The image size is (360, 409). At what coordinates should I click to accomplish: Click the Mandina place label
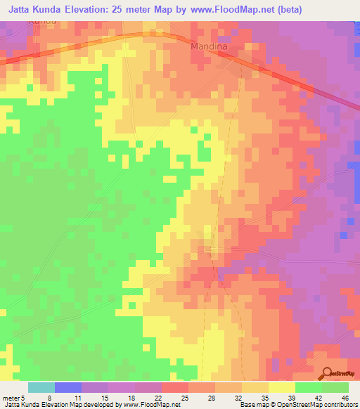[209, 46]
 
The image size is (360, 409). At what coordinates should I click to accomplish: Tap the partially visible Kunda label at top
[41, 22]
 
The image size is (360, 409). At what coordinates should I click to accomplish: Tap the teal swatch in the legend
[41, 387]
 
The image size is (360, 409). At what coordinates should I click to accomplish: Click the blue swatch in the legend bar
[68, 387]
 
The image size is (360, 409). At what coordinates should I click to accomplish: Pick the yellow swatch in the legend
[282, 387]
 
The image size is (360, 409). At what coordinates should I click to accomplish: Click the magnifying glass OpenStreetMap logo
[327, 373]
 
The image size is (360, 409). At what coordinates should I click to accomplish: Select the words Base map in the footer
[252, 405]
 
